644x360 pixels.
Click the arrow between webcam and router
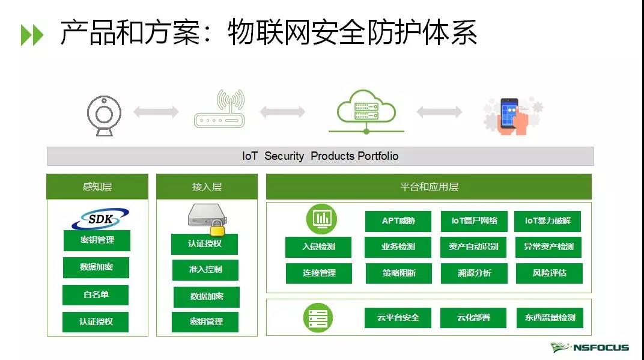[156, 112]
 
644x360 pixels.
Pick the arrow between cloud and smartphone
[439, 112]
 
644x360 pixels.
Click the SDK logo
[100, 219]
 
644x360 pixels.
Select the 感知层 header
[97, 187]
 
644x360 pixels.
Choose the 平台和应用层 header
[428, 187]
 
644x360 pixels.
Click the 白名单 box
[96, 294]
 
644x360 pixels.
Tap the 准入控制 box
[205, 270]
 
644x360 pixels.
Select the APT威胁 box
[398, 221]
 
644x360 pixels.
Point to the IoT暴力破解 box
[548, 221]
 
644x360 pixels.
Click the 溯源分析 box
[474, 273]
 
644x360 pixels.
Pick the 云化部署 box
[473, 317]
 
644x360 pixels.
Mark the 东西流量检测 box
[549, 317]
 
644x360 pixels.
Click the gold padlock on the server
[217, 229]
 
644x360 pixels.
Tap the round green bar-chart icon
[321, 219]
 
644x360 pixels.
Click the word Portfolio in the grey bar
[378, 156]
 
